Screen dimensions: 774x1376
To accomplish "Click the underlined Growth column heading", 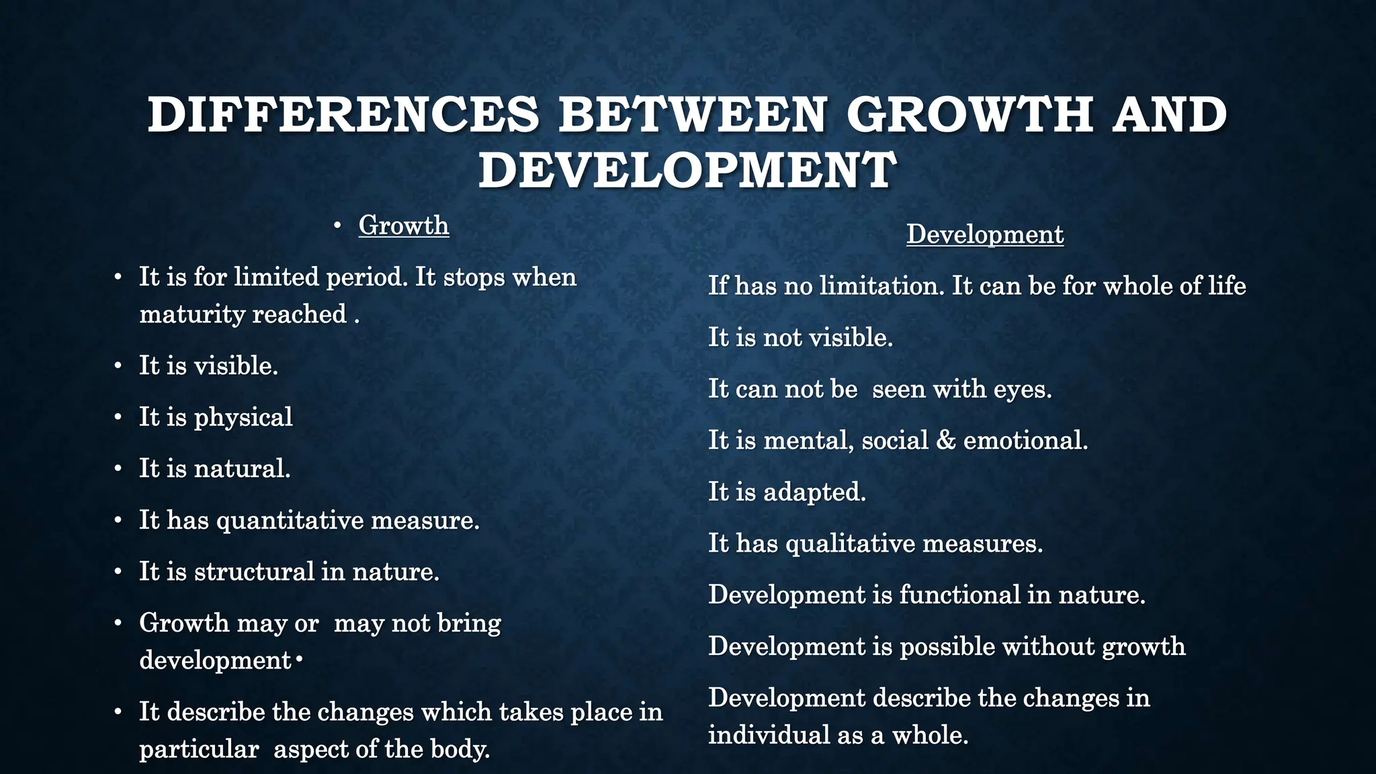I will (404, 225).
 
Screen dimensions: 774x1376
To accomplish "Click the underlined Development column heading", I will (985, 234).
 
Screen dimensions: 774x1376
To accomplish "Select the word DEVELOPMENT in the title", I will (687, 170).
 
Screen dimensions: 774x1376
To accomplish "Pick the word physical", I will (243, 417).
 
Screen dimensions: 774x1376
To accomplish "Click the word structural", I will (255, 571).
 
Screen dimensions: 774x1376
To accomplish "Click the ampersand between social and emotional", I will (946, 440).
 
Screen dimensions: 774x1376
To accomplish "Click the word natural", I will (242, 468).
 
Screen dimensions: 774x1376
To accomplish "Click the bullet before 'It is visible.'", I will (118, 366).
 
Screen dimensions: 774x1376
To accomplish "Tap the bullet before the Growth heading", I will (338, 226).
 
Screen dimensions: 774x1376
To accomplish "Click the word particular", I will (199, 749).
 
